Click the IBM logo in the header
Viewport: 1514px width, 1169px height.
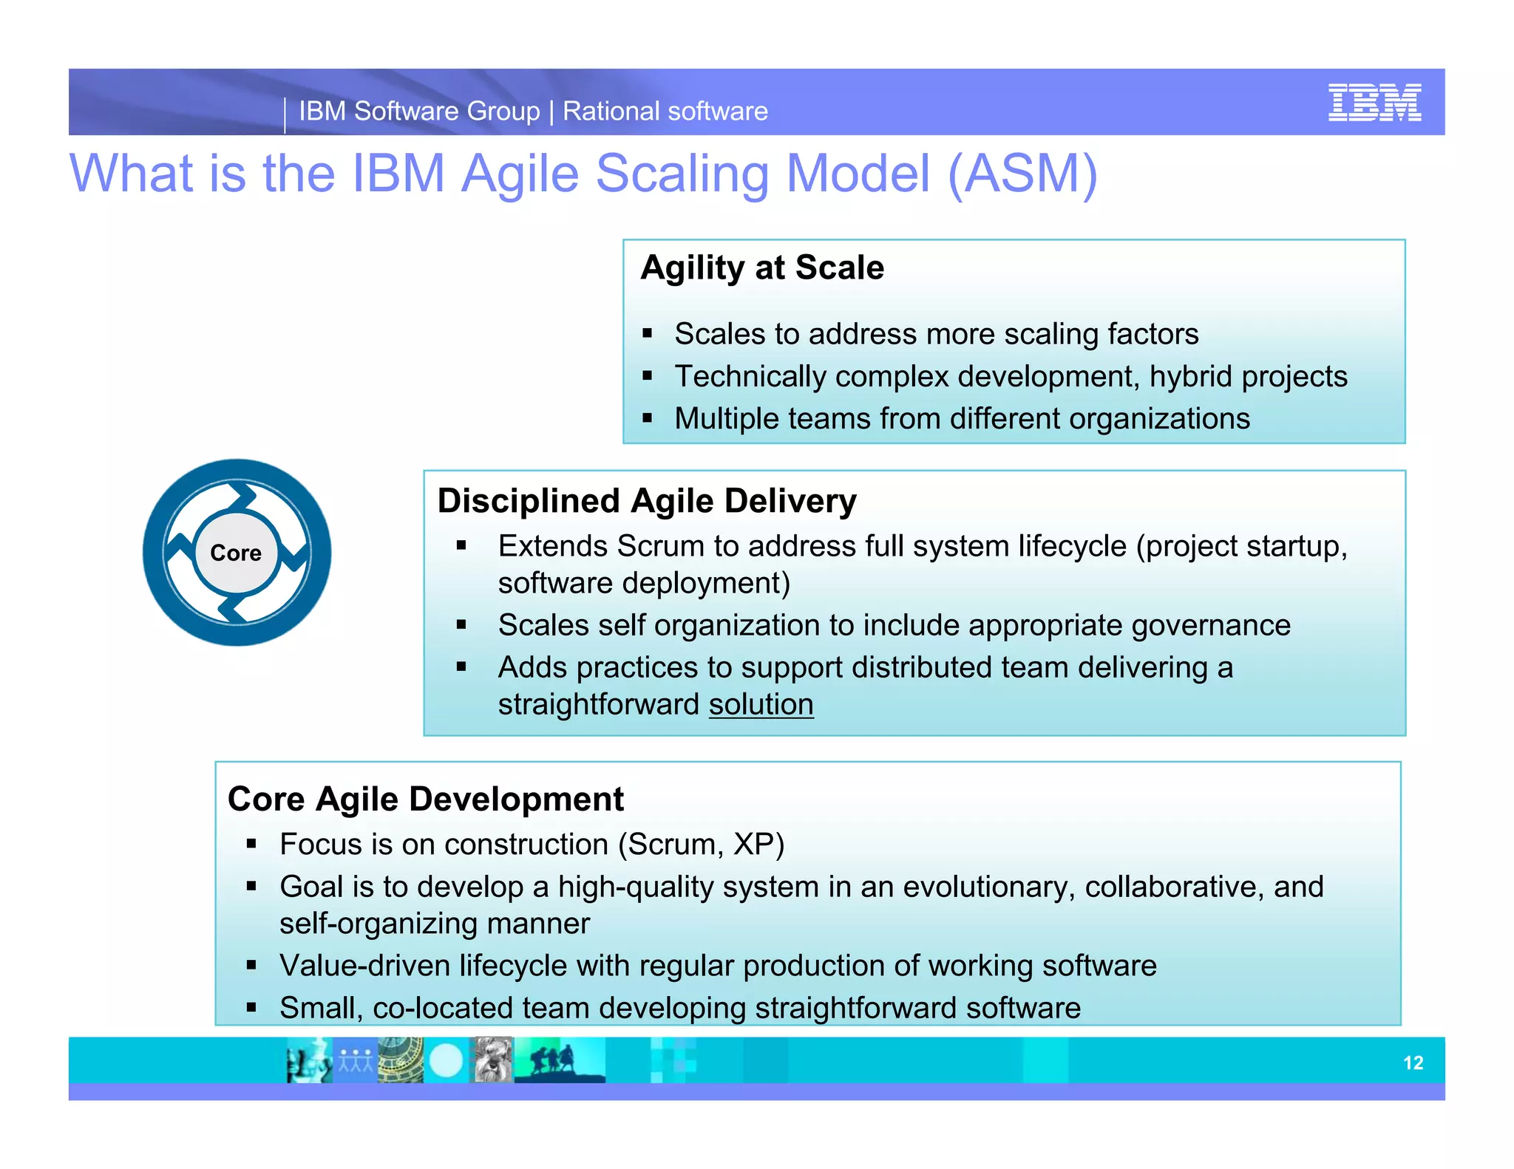pos(1374,103)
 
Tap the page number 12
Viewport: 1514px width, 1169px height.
pos(1413,1063)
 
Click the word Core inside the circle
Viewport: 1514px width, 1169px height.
pos(236,553)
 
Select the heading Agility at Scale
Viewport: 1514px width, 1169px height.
pos(762,267)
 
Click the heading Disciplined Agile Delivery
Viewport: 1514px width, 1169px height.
pos(647,501)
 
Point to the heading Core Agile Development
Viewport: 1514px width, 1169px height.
pos(425,799)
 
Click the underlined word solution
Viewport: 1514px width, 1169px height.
pos(761,704)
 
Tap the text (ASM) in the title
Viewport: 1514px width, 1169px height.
pos(1022,174)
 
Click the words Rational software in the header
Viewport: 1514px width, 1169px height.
pos(665,112)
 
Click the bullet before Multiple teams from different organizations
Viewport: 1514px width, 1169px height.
pos(648,418)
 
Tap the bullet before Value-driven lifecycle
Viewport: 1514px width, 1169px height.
pos(251,965)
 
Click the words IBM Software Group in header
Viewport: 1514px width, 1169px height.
pos(419,112)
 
